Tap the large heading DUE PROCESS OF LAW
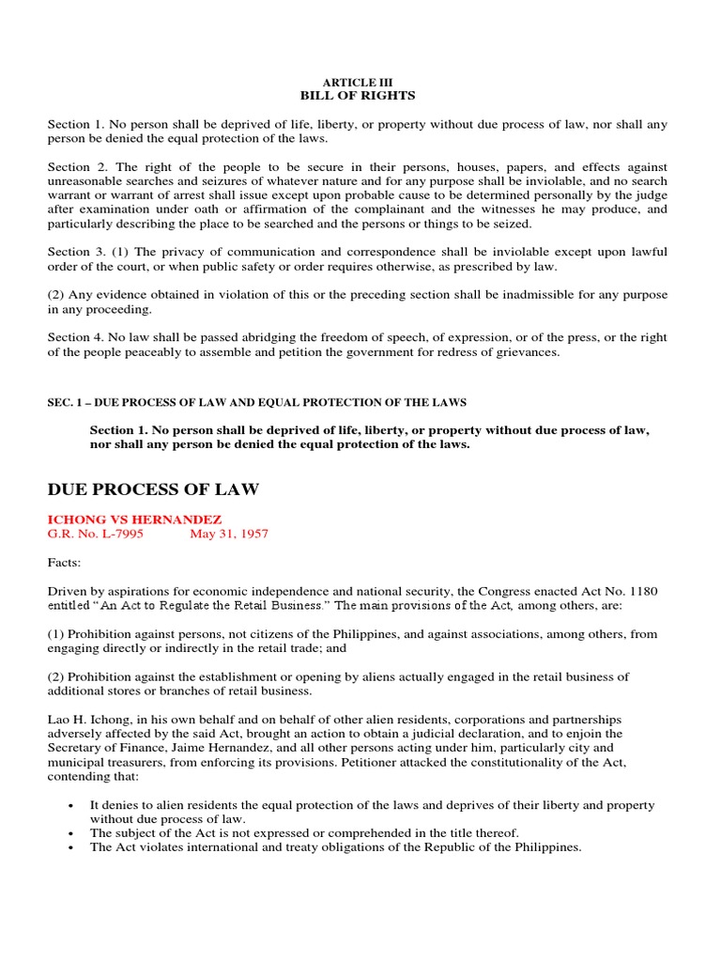pyautogui.click(x=153, y=489)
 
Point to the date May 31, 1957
pyautogui.click(x=228, y=534)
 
